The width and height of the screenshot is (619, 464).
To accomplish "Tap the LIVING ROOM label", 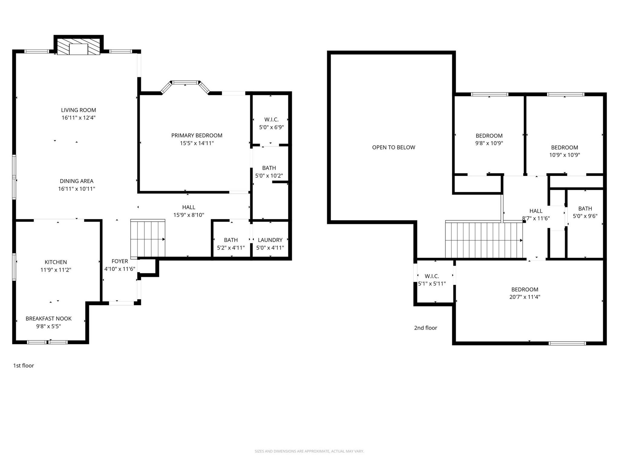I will point(79,110).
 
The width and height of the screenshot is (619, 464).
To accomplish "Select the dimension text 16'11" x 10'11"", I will point(76,189).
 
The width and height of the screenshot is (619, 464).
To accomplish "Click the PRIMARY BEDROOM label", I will point(197,135).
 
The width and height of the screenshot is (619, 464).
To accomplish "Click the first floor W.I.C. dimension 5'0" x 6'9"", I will point(271,127).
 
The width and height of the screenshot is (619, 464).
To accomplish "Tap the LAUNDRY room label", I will point(270,240).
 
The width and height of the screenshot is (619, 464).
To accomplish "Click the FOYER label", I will point(120,261).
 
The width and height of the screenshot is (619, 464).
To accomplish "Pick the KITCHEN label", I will point(56,262).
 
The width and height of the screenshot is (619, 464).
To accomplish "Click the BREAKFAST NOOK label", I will point(48,318).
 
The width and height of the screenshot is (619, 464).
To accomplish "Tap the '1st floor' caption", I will point(24,366).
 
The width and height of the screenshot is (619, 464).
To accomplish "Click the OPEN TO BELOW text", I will point(394,147).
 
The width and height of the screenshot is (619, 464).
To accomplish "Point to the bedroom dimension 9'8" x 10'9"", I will point(489,143).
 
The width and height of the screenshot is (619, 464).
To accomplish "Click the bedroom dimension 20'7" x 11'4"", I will point(525,297).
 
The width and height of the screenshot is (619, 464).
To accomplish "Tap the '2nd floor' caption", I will point(425,328).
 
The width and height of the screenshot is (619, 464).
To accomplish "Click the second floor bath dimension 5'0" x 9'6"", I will point(585,216).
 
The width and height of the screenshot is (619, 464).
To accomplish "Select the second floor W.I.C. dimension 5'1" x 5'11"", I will point(432,284).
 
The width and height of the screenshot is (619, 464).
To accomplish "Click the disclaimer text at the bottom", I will point(309,451).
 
